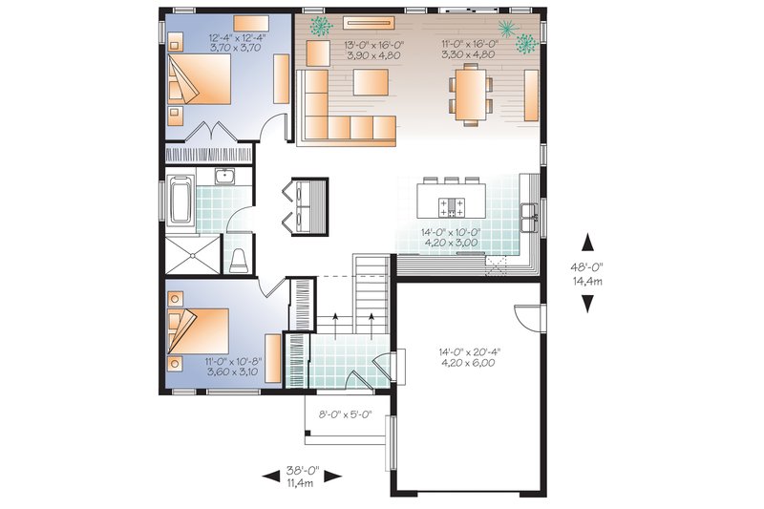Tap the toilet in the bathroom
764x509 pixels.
tap(240, 259)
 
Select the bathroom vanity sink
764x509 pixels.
tap(225, 176)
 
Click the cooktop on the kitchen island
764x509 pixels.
tap(450, 204)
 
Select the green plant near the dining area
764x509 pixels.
tap(524, 42)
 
